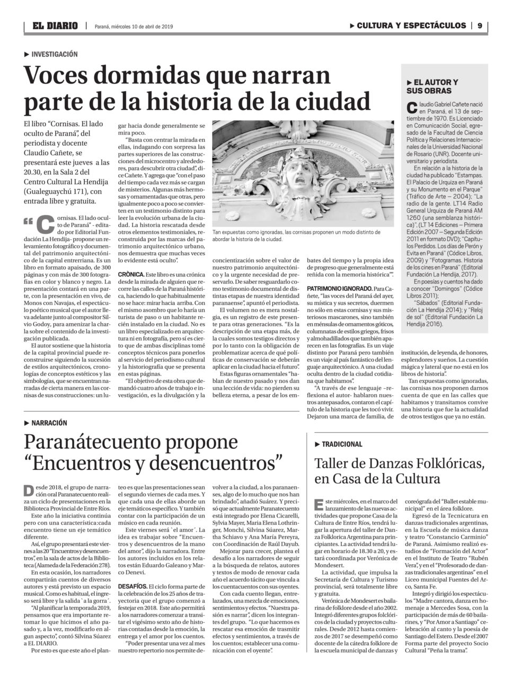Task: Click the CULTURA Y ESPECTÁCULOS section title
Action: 411,25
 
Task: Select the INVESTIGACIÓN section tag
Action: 54,54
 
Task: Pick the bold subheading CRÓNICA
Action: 131,274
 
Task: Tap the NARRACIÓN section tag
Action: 49,423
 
